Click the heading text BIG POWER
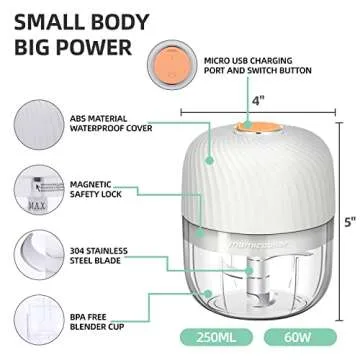point(72,47)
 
